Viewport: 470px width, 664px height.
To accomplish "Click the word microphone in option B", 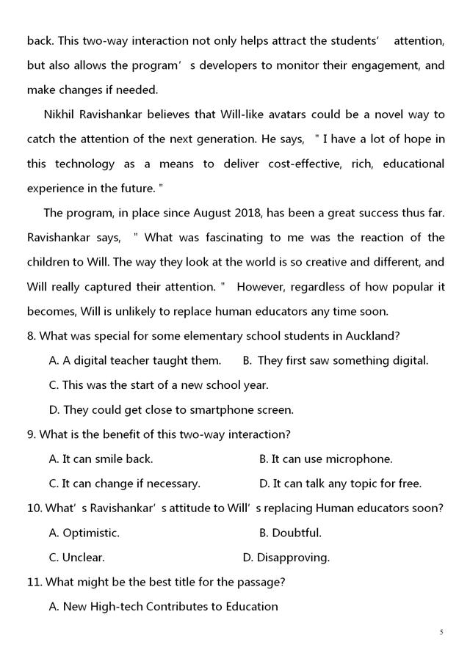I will click(x=360, y=459).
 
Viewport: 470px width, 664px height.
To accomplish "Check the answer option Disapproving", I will click(x=293, y=558).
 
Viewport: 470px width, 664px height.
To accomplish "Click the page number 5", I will click(x=441, y=632).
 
